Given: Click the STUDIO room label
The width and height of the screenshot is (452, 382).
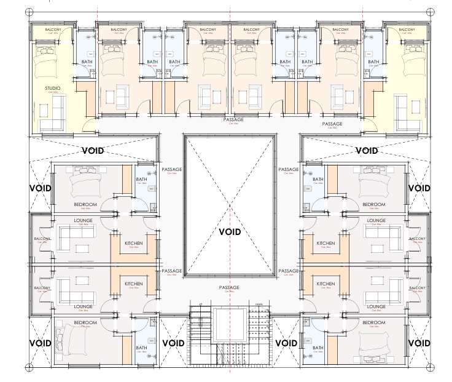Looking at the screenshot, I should (x=53, y=89).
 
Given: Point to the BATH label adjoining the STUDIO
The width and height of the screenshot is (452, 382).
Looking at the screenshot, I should (x=87, y=62).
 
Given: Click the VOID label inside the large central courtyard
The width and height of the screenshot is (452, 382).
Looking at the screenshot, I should (x=229, y=232).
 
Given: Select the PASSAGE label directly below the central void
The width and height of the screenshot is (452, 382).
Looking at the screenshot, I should (x=229, y=287).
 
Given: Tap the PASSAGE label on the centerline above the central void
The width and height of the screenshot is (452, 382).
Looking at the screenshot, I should (x=233, y=120).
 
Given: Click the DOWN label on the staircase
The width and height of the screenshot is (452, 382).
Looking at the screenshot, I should (x=259, y=304).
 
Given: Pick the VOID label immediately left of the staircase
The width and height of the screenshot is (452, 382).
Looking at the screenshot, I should (x=174, y=343).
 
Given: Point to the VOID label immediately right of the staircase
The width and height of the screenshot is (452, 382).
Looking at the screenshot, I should (x=286, y=343).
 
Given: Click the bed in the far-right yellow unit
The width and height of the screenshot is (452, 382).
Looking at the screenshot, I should (x=408, y=60).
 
